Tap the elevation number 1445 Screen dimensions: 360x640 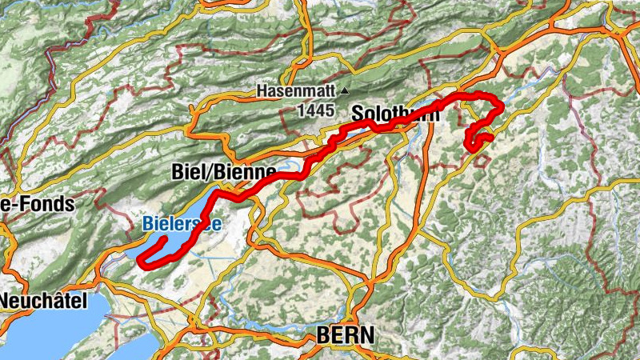point(315,112)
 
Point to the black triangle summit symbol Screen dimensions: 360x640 point(345,91)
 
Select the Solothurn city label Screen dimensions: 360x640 point(395,115)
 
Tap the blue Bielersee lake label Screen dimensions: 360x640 point(182,226)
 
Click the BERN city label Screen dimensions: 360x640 point(345,336)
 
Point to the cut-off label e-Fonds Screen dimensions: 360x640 point(37,204)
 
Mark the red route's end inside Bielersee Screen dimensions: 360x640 point(164,238)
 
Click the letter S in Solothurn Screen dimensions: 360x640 point(357,115)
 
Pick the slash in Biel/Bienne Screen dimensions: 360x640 point(208,171)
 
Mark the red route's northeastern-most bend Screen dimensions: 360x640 point(501,105)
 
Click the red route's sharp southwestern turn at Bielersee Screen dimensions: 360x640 point(141,261)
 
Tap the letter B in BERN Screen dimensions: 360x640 point(323,336)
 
